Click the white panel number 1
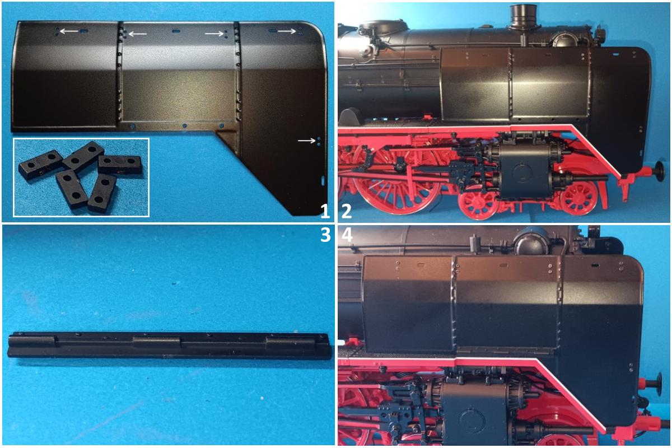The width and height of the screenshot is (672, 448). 325,212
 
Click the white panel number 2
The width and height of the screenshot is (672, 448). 347,212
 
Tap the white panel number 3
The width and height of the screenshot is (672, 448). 325,235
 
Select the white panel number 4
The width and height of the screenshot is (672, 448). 347,235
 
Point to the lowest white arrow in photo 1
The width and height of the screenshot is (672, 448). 306,141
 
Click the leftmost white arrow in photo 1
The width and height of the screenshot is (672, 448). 69,31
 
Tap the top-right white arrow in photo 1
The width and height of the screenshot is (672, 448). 287,31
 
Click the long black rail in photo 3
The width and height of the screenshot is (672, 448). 170,345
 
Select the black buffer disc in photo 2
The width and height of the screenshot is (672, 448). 660,171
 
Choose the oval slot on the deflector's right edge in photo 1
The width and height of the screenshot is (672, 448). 323,181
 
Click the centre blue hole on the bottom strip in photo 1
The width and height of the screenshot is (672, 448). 184,126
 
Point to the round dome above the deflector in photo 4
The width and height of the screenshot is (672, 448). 530,244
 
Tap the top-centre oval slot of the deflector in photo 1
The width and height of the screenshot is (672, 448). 175,31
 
